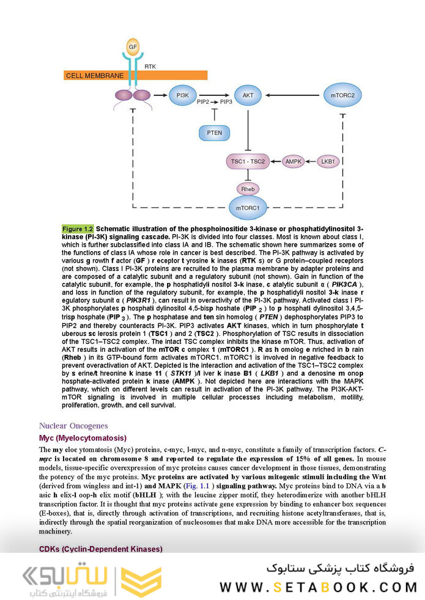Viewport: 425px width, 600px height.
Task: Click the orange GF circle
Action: point(133,46)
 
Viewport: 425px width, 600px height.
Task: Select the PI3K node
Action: point(182,96)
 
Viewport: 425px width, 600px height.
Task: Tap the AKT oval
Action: point(248,96)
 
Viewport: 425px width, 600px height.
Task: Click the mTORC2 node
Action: point(342,96)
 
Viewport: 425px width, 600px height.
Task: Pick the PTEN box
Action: point(214,132)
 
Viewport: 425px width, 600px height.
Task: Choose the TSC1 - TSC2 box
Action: point(248,161)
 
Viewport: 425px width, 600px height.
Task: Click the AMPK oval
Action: point(294,161)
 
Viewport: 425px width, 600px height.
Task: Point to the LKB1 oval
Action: point(328,161)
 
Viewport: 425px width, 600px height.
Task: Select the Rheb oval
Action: point(248,189)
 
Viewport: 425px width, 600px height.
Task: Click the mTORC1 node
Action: point(248,208)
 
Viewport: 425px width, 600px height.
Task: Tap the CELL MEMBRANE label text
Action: point(94,76)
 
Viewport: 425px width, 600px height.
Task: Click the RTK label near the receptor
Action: point(150,65)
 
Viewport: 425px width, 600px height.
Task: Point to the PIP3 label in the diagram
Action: point(224,102)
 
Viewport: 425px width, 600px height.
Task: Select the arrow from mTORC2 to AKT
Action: point(294,96)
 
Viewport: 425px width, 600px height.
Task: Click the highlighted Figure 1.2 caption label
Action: point(78,229)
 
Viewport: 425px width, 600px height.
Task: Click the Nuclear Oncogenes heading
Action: point(73,425)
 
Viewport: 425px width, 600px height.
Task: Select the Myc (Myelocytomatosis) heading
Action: point(83,438)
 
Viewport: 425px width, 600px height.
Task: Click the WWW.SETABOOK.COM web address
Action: point(318,587)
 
